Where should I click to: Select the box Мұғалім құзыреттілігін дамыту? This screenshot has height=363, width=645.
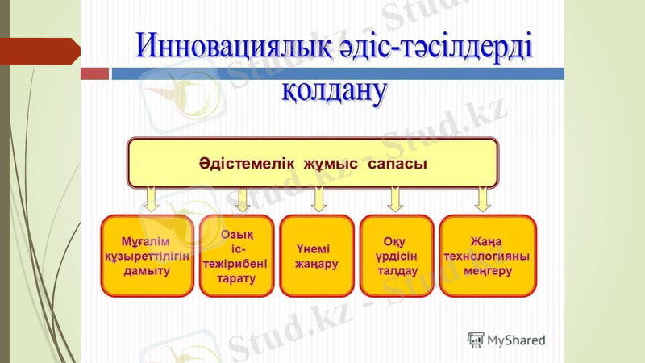(147, 256)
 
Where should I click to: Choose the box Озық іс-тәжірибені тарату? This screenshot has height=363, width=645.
(235, 256)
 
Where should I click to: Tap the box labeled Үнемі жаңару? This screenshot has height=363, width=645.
(316, 256)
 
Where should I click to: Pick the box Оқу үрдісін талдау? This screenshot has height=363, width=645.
(396, 256)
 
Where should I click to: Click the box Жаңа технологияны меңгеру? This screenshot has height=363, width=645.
(487, 256)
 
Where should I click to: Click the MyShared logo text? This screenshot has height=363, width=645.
(517, 340)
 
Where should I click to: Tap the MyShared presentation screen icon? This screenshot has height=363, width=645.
(476, 340)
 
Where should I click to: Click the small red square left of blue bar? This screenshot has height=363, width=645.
(95, 73)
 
